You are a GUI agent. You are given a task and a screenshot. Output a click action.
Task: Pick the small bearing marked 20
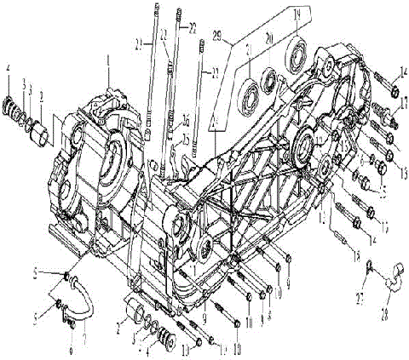click(271, 81)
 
